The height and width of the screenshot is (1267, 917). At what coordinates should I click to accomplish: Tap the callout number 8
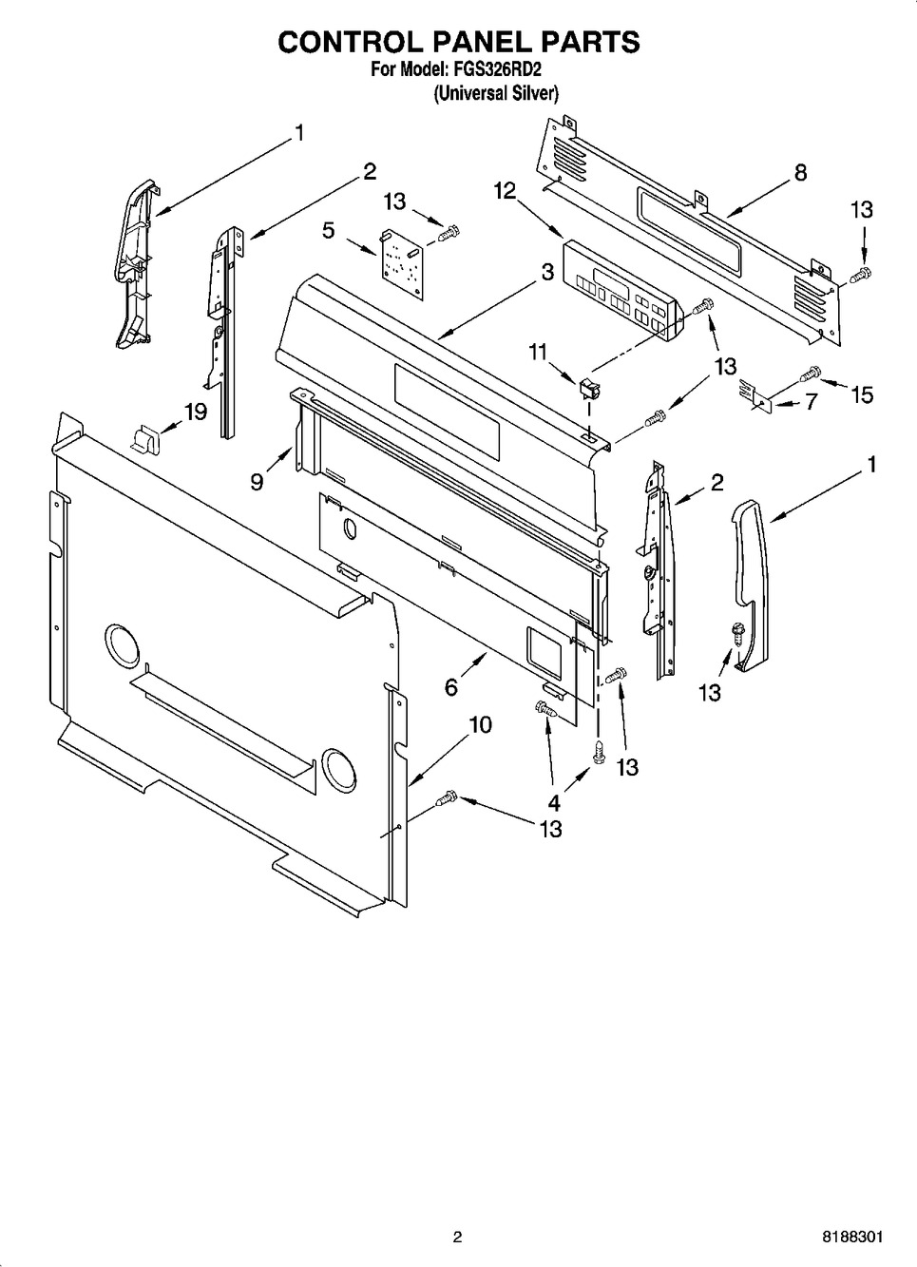click(800, 173)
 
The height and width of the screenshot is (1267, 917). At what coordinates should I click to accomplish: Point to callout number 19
click(196, 413)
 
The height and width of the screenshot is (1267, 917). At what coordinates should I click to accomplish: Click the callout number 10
click(480, 725)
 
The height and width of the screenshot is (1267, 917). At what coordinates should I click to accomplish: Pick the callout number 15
click(861, 394)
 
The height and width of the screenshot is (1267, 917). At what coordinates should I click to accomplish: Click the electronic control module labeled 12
click(621, 290)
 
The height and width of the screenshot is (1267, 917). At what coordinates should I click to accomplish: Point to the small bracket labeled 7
click(757, 394)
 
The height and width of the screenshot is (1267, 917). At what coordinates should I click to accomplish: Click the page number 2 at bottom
click(457, 1238)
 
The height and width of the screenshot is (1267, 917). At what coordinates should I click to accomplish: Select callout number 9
click(257, 482)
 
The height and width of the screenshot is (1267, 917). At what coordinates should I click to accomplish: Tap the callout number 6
click(451, 686)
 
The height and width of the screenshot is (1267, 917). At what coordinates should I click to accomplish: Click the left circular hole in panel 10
click(120, 646)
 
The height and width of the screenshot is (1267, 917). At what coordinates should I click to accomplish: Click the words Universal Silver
click(495, 93)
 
